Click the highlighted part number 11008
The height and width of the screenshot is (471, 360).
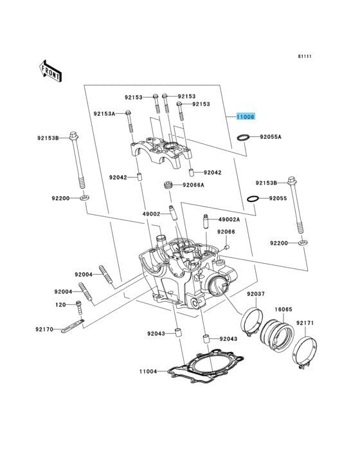[246, 116]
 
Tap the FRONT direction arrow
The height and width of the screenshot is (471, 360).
[50, 71]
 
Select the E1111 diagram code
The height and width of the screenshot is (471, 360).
[305, 56]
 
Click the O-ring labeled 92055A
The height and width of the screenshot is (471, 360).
[243, 138]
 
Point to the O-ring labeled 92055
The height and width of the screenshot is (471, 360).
[253, 199]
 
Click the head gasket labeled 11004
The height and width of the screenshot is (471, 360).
[206, 367]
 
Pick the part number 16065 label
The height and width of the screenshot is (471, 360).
[283, 309]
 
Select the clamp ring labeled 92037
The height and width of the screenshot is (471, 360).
[252, 322]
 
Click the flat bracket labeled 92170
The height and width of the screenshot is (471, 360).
[73, 326]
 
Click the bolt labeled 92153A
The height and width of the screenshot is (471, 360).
[129, 122]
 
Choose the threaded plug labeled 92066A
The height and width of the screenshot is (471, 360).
[168, 185]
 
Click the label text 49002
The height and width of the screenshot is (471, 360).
[151, 214]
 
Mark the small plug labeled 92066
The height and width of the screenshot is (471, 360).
[227, 247]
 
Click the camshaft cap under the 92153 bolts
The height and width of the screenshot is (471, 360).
[161, 151]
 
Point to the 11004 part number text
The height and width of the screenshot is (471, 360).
[148, 371]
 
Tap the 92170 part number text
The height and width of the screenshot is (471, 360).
[44, 329]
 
